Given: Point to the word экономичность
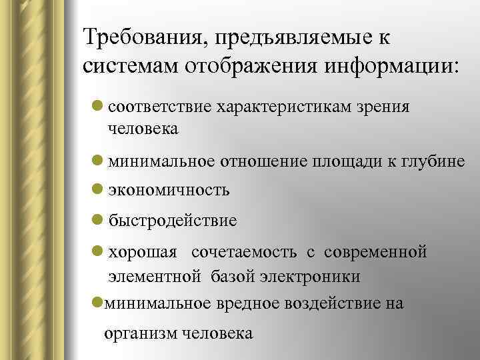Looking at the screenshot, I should (x=169, y=190).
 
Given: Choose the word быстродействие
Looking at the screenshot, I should (x=172, y=219).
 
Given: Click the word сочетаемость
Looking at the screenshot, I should (x=245, y=253).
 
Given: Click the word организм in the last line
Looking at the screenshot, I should (x=140, y=333).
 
